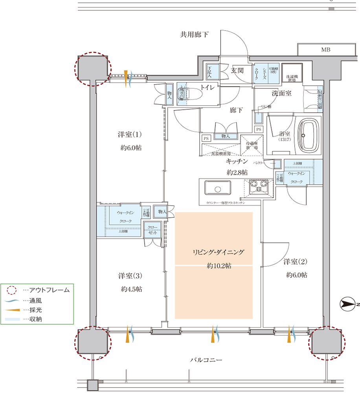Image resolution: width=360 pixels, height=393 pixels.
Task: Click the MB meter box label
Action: (325, 50)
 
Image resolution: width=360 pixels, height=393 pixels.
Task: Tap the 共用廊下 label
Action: (194, 35)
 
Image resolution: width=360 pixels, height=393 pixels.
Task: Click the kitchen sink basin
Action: (217, 188)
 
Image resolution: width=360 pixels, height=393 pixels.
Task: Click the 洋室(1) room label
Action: (130, 134)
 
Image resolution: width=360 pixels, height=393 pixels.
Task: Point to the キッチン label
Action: (237, 161)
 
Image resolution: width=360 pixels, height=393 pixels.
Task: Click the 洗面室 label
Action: (282, 94)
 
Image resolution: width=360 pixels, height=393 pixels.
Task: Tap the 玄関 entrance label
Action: (238, 71)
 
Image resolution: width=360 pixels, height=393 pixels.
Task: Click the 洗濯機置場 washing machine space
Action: (292, 73)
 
